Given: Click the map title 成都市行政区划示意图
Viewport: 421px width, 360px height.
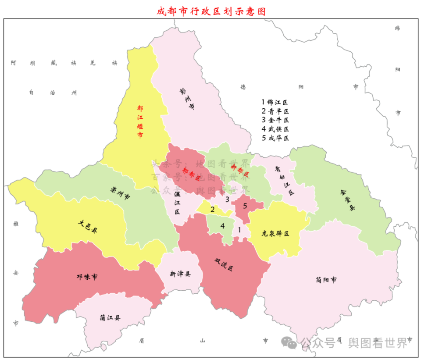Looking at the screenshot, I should coord(211,11).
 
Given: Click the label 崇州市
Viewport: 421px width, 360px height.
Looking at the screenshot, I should coord(120,194).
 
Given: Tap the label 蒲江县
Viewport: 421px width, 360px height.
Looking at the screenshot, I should coord(110,318).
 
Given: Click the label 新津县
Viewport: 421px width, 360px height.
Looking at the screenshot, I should coord(180,274).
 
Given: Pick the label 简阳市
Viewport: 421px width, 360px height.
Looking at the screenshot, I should coord(326,279).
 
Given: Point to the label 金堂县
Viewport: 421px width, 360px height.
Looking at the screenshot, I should coord(346,201).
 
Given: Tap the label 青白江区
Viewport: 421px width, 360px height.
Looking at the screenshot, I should coord(284,180).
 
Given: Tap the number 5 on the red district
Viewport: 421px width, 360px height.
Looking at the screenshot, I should coord(245,206).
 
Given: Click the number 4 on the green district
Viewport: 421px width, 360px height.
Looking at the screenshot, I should coord(222,226).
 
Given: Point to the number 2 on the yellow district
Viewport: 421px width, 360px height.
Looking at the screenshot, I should coord(212,209).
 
